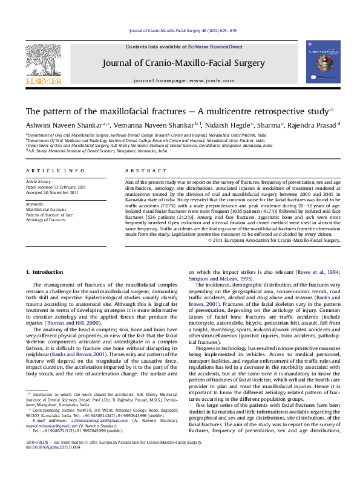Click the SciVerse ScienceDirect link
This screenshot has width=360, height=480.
point(215,47)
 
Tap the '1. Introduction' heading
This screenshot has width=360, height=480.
point(47,273)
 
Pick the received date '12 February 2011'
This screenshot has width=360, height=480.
point(67,187)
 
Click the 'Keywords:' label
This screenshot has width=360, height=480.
point(35,204)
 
